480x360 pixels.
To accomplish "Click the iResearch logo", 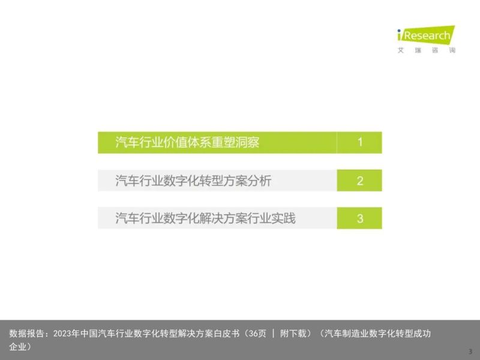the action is coord(426,34).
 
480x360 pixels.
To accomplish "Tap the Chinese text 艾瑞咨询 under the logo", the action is coord(427,50).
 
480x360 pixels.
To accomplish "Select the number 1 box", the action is coord(359,142).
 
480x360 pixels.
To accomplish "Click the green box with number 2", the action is coord(359,181).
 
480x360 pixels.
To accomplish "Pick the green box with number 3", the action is coord(359,218).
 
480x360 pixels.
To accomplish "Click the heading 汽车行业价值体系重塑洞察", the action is coord(187,142).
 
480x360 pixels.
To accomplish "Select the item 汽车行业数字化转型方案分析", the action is coord(193,181).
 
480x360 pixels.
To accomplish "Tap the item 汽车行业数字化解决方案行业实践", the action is coord(205,218).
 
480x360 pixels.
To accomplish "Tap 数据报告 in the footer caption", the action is coord(26,334).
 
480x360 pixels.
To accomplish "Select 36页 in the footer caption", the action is coord(257,334).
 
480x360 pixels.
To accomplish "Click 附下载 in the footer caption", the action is coord(293,334).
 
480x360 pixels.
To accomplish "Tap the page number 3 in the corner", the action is coord(470,352).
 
